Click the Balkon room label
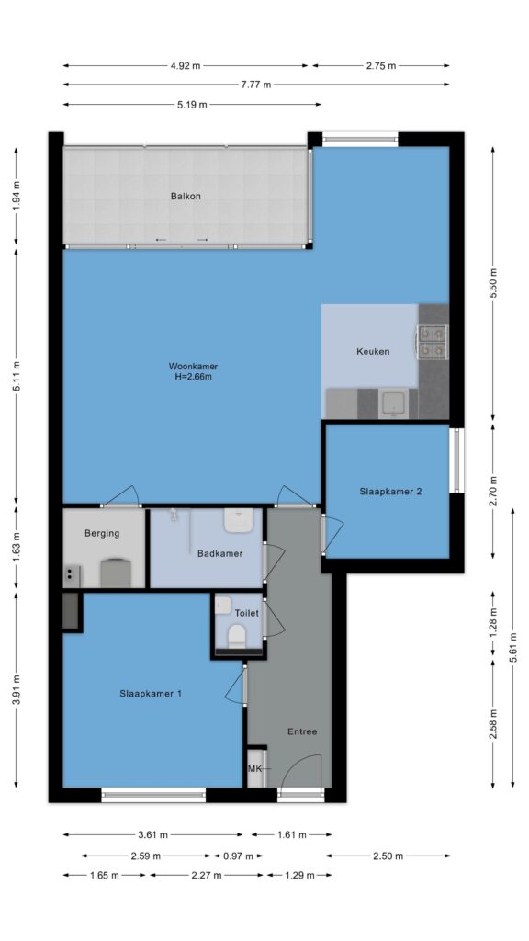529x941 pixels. pyautogui.click(x=186, y=196)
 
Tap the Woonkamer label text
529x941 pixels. pyautogui.click(x=193, y=366)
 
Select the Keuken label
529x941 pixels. pyautogui.click(x=373, y=352)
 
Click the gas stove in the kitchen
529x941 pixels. pyautogui.click(x=433, y=341)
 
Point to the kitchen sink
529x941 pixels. pyautogui.click(x=393, y=403)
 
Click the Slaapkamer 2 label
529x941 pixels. pyautogui.click(x=390, y=491)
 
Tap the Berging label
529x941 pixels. pyautogui.click(x=102, y=533)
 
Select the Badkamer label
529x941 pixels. pyautogui.click(x=220, y=553)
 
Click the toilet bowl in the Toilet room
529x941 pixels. pyautogui.click(x=238, y=636)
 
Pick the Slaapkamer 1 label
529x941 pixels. pyautogui.click(x=151, y=693)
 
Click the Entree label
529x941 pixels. pyautogui.click(x=301, y=731)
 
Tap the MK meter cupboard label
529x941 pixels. pyautogui.click(x=256, y=767)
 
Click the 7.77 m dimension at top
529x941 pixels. pyautogui.click(x=256, y=85)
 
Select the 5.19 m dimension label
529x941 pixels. pyautogui.click(x=192, y=105)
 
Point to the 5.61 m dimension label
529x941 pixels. pyautogui.click(x=512, y=647)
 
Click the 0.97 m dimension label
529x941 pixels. pyautogui.click(x=239, y=856)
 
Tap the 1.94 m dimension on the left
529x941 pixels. pyautogui.click(x=17, y=195)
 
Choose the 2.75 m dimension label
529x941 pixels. pyautogui.click(x=381, y=66)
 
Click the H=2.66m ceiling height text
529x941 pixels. pyautogui.click(x=193, y=377)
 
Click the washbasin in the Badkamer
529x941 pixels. pyautogui.click(x=239, y=520)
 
